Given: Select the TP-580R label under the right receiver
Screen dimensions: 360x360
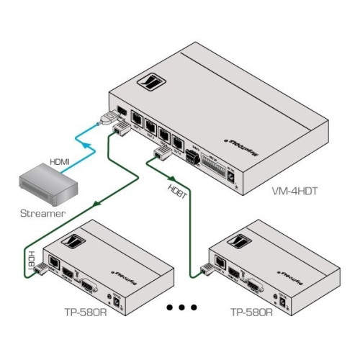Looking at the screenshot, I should pos(251,314).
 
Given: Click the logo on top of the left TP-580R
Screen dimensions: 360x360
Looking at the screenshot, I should pos(73,242).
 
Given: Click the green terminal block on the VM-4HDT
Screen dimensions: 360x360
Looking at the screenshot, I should pos(193,155).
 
